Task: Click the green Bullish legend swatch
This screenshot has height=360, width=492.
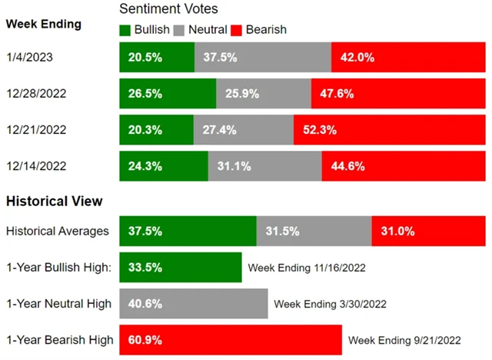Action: click(125, 30)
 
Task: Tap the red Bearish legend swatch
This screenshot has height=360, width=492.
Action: click(238, 30)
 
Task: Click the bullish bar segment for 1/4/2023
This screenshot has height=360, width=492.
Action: click(157, 58)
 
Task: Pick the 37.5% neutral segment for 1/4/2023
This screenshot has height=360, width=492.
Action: click(263, 58)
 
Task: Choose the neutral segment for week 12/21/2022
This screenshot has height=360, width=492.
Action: click(243, 130)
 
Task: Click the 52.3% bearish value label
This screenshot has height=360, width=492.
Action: click(318, 130)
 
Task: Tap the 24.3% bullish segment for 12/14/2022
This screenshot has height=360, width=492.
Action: click(164, 166)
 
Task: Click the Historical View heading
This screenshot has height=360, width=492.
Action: click(54, 202)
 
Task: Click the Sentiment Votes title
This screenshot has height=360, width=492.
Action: click(168, 9)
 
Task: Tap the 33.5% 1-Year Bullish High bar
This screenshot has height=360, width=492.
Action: click(181, 268)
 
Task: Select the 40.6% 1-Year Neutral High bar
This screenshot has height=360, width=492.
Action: click(193, 304)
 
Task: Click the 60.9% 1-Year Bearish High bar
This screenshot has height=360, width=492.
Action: click(231, 340)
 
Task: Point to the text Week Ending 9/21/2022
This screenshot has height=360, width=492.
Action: click(404, 340)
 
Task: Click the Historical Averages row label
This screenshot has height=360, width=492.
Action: click(58, 231)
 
